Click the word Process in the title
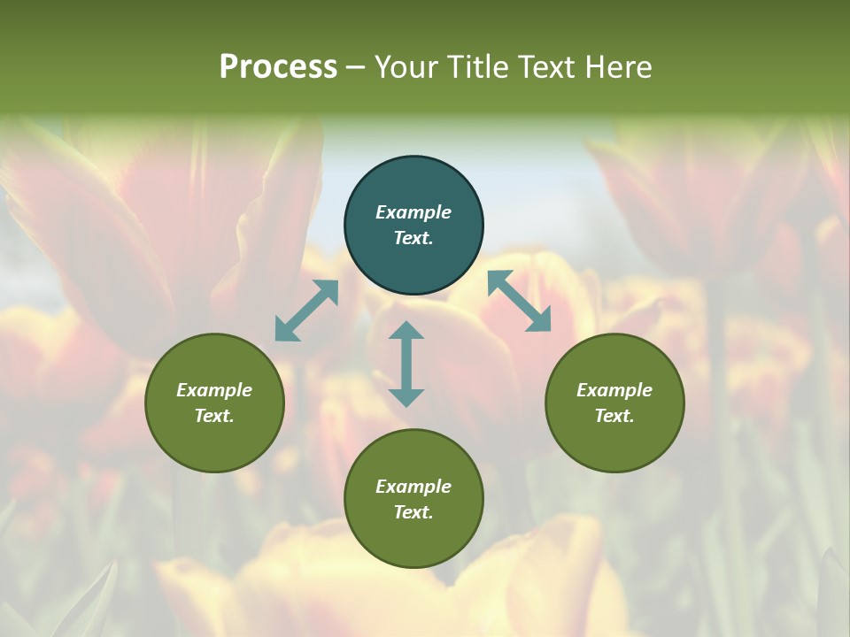click(278, 67)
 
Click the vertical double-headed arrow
click(406, 364)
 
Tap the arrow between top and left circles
click(306, 311)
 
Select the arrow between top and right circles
click(519, 301)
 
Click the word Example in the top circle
click(413, 212)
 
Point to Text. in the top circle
click(413, 238)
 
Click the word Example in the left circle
click(214, 390)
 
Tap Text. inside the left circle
click(214, 416)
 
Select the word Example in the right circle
click(614, 390)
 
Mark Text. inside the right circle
click(614, 416)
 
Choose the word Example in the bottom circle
click(413, 487)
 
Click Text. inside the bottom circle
click(413, 512)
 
